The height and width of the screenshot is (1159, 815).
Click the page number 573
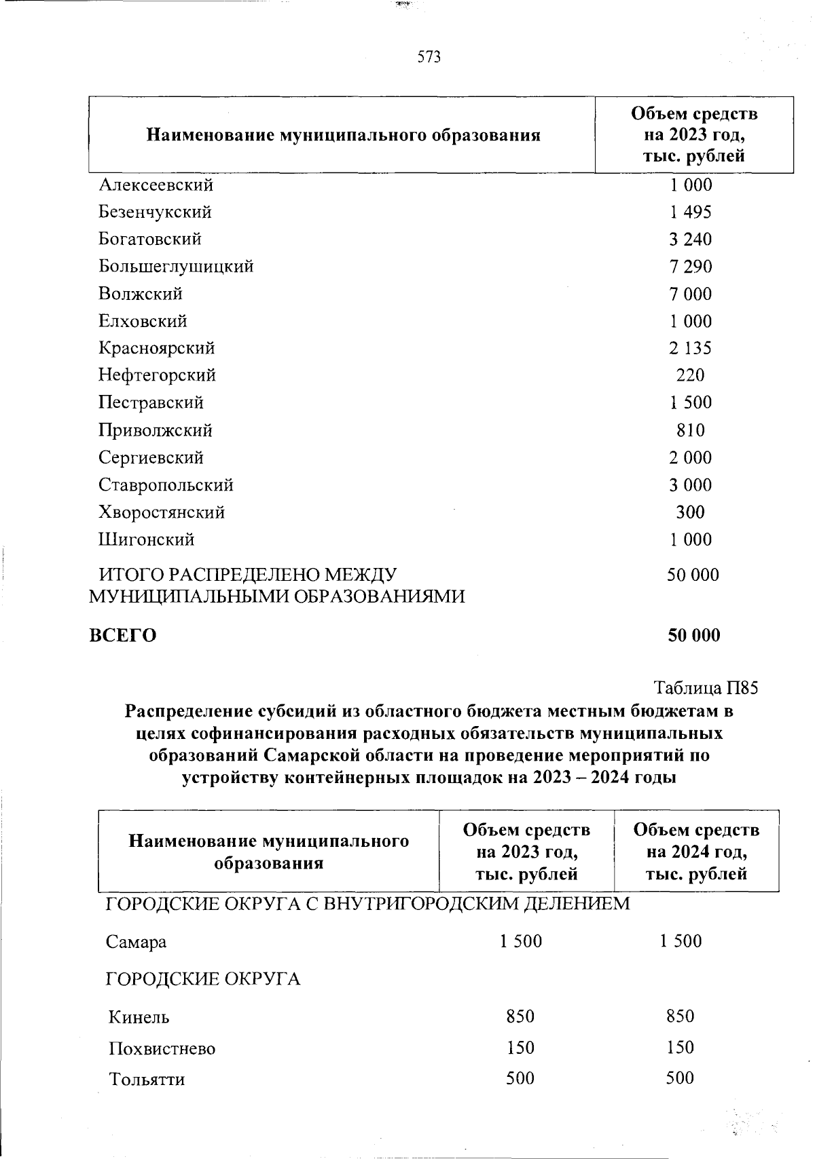(x=429, y=57)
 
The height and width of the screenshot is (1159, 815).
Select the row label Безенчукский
(x=155, y=212)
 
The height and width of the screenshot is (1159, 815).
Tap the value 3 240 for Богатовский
(x=690, y=239)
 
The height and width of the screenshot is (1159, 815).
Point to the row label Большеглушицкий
(x=176, y=266)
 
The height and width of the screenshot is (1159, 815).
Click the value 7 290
(x=690, y=266)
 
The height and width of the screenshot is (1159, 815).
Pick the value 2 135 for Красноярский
(x=690, y=348)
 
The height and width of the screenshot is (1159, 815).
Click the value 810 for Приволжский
(x=690, y=430)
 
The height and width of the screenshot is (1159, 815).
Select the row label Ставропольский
(x=166, y=485)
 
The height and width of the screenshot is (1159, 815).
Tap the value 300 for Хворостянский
(x=690, y=512)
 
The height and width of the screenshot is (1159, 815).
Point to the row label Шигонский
(x=147, y=539)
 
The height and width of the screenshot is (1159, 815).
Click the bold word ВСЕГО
(x=123, y=636)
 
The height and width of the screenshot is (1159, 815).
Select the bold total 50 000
(x=693, y=636)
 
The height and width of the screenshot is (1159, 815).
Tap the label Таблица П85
(x=705, y=688)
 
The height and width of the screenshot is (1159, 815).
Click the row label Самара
(x=136, y=942)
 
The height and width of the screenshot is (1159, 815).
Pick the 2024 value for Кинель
(x=681, y=1016)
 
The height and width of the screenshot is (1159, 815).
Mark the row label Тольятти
(x=147, y=1079)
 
